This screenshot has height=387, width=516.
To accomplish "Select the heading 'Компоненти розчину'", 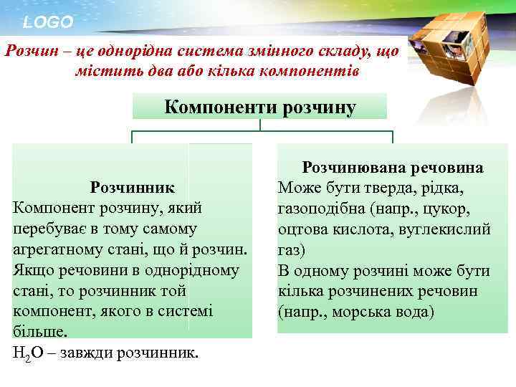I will point(259,107).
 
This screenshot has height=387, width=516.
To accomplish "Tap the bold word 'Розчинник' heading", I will point(133,188).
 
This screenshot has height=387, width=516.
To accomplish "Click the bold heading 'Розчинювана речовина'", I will point(393,168).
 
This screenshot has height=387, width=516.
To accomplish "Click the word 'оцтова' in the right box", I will point(302,230).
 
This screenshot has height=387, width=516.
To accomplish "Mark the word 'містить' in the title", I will point(102,72).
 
